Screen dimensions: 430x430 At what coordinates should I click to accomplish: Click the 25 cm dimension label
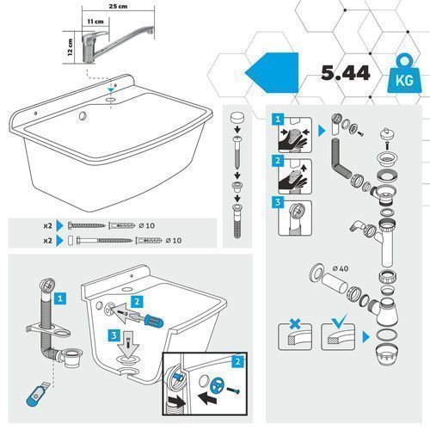tap(118, 6)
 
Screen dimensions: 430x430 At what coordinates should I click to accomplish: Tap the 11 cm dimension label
tap(95, 21)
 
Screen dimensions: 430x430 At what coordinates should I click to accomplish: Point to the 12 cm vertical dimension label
tap(70, 47)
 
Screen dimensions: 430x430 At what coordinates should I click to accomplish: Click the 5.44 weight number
tap(346, 73)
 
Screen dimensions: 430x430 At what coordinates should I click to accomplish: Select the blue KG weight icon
tap(404, 74)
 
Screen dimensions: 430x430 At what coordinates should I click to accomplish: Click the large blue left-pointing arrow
tap(272, 72)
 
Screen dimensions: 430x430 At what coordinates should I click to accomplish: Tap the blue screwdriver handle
tap(154, 321)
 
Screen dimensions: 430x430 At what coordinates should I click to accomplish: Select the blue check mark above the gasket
tap(339, 321)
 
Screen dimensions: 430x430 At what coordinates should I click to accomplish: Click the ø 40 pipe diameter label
tap(341, 268)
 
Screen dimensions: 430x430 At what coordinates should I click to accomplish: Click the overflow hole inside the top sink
tap(83, 116)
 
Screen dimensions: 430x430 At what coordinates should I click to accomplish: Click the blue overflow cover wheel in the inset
tap(217, 385)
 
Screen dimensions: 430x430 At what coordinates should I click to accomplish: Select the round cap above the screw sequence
tap(237, 119)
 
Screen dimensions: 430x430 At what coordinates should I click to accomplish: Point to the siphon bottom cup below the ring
tap(386, 355)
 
